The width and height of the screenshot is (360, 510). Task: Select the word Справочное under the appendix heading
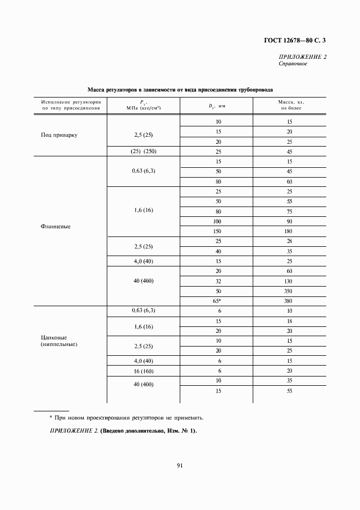[x=293, y=64]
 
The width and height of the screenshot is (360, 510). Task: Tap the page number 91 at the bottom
[x=179, y=465]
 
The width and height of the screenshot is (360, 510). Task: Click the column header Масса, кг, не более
[x=289, y=105]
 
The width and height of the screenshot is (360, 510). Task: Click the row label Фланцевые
[x=56, y=227]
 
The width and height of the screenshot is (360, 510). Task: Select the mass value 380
[x=289, y=300]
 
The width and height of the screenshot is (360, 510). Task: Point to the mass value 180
[x=289, y=231]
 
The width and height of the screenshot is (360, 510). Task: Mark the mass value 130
[x=289, y=281]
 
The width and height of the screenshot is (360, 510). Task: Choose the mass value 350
[x=289, y=290]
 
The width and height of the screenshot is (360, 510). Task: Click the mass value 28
[x=289, y=241]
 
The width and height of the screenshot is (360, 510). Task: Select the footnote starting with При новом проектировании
[x=126, y=418]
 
